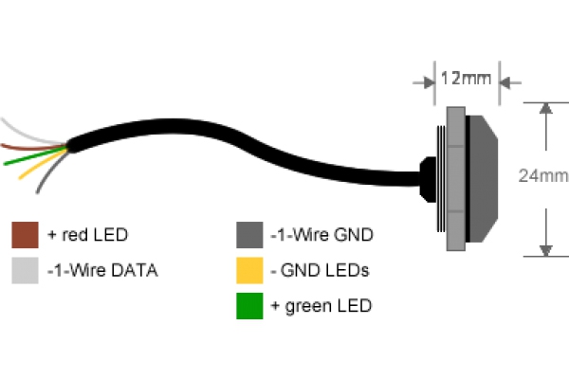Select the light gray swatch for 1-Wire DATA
24,270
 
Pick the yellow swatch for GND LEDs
248,270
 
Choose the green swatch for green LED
248,306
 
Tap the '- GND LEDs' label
319,270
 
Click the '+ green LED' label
321,306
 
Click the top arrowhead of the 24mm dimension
545,108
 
